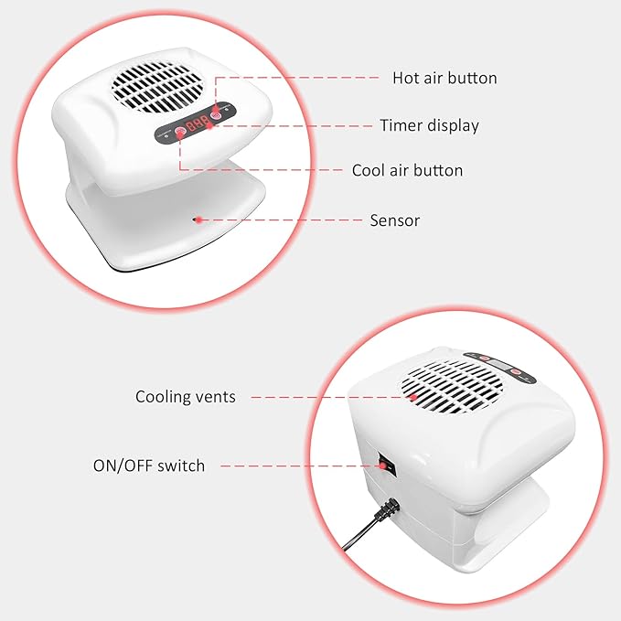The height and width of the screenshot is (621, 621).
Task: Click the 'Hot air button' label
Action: [x=444, y=78]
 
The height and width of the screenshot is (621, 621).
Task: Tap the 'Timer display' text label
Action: [x=429, y=125]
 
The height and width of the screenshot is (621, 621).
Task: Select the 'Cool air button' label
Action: [x=407, y=170]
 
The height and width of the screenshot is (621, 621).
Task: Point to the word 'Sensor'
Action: [x=394, y=219]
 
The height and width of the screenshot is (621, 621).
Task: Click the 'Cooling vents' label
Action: [x=186, y=397]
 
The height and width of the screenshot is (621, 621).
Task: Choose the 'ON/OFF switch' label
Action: [x=149, y=466]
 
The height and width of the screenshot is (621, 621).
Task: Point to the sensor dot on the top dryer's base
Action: [x=197, y=219]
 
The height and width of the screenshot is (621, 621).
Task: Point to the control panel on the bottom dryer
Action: [x=498, y=364]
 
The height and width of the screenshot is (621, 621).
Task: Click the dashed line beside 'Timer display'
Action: [x=293, y=126]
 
